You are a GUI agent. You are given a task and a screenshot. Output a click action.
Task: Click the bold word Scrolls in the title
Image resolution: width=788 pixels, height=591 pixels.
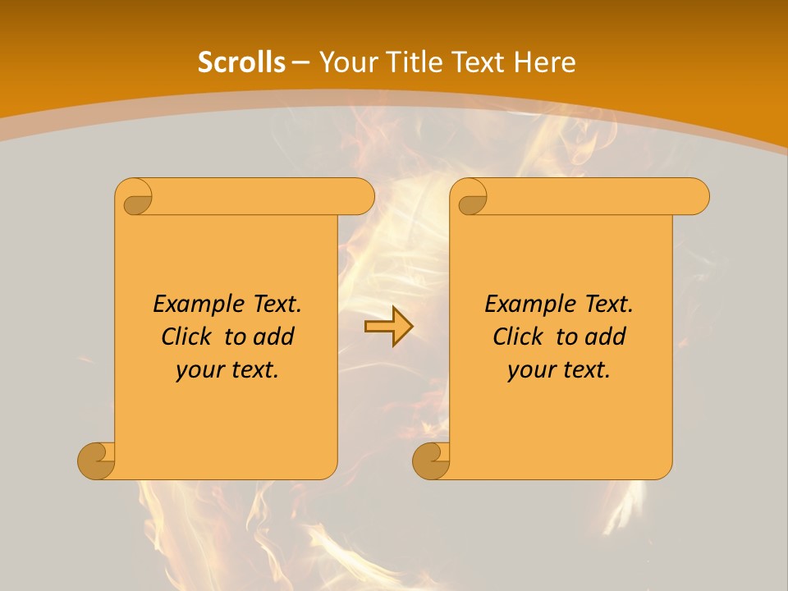coord(242,62)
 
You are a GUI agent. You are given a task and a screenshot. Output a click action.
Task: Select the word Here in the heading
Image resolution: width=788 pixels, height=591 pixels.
coord(544,62)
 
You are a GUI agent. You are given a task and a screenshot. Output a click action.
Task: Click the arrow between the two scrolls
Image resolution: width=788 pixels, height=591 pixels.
coord(388,328)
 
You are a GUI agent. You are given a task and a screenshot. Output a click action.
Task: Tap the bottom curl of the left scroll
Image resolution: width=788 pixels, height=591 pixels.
coord(96,460)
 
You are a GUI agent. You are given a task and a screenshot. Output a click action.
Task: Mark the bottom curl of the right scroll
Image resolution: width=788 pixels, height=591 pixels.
coord(431,460)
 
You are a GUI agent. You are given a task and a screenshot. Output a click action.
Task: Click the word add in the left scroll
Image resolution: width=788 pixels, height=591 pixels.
coord(275,337)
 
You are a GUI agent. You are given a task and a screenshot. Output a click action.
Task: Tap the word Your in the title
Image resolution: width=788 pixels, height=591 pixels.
coord(345,62)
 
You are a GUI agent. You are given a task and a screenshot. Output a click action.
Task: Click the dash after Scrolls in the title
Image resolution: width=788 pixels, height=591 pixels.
coord(301,62)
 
